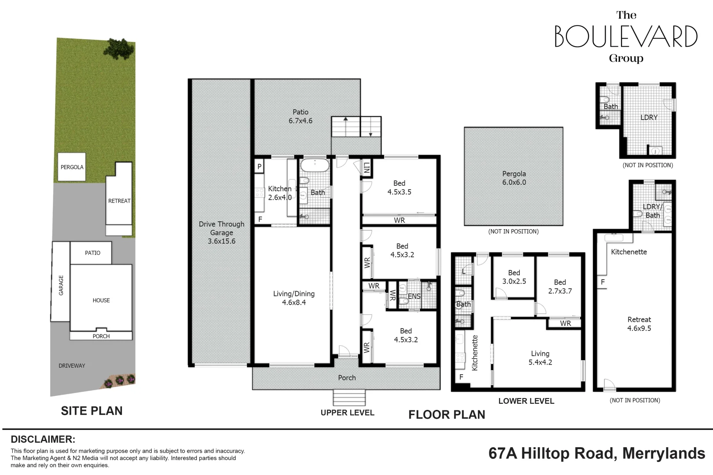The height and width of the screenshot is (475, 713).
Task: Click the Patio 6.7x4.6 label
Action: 301,117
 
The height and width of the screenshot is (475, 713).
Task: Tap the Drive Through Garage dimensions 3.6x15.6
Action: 221,241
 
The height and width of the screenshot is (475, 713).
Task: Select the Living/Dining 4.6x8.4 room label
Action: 294,298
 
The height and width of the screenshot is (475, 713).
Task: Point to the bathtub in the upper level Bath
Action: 315,165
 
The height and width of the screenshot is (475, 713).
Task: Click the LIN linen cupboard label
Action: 367,168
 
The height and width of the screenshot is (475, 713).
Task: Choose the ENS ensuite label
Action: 414,296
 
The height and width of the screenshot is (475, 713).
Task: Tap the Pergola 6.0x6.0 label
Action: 514,178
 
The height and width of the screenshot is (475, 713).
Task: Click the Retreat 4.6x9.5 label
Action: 639,324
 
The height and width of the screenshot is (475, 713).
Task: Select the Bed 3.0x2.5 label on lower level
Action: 514,277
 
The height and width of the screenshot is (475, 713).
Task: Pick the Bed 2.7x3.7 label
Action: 560,286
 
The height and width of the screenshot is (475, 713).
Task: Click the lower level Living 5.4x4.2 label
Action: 540,358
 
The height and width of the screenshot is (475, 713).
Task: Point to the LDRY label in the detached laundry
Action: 649,117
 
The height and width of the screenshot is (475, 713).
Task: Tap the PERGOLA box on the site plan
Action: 72,167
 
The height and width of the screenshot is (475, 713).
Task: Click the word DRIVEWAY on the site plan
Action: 72,366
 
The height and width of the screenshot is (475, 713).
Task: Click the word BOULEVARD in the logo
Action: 626,36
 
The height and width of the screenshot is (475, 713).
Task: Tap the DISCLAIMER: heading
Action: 43,439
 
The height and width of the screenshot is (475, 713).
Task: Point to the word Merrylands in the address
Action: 664,453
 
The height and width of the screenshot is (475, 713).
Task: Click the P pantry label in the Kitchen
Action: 259,166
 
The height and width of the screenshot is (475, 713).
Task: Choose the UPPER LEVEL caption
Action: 347,413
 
